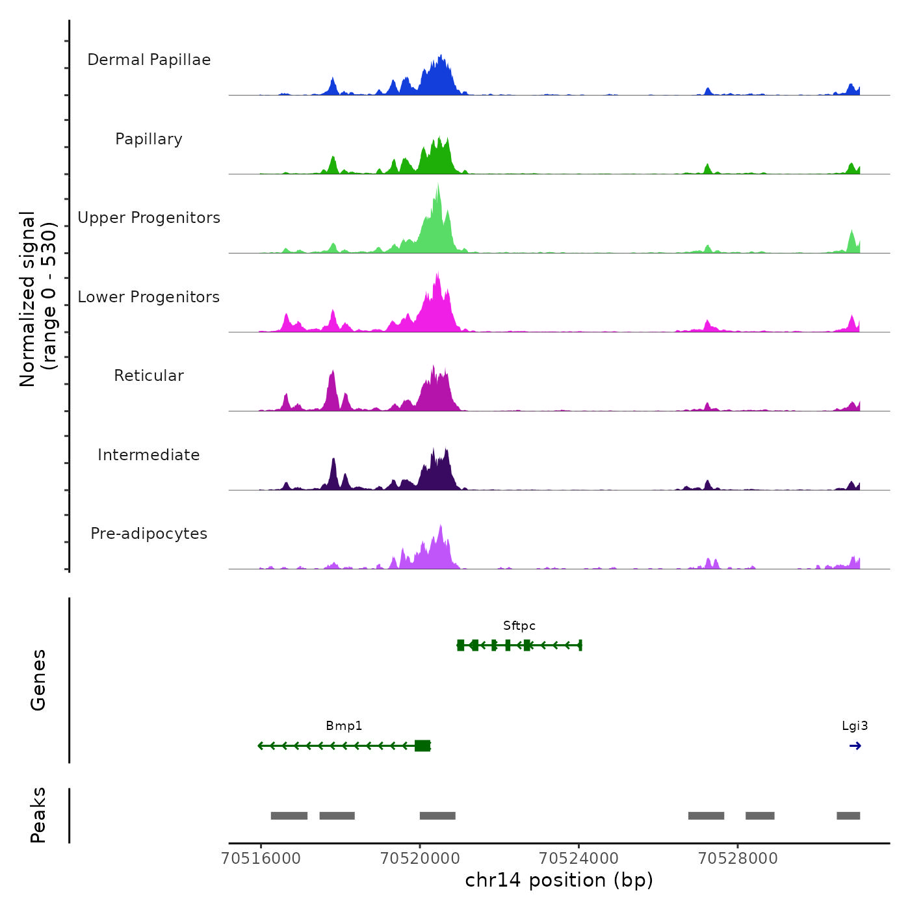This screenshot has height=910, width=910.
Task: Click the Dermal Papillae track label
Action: click(149, 60)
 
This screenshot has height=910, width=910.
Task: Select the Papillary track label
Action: click(149, 139)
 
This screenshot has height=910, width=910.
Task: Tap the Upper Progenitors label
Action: click(149, 218)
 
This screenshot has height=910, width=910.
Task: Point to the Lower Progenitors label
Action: click(149, 297)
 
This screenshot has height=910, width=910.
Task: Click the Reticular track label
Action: click(149, 376)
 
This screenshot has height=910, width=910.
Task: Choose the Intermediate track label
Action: click(149, 455)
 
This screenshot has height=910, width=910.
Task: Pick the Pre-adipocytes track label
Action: click(149, 534)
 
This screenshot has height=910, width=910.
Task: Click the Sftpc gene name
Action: click(519, 626)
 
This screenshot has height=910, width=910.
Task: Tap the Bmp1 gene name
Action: click(344, 726)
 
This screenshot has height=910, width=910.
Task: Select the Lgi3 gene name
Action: click(855, 726)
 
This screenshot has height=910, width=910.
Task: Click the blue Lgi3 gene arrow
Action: click(855, 746)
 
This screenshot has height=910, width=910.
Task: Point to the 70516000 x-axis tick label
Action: click(261, 859)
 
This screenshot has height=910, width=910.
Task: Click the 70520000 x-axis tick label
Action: click(420, 859)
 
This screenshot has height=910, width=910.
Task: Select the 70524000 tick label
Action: click(578, 859)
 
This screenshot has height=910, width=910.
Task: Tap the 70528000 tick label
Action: click(738, 859)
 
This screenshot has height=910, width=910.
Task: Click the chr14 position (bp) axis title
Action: click(559, 881)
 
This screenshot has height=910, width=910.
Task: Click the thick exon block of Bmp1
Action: click(422, 746)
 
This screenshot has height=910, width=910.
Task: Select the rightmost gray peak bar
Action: click(848, 816)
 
